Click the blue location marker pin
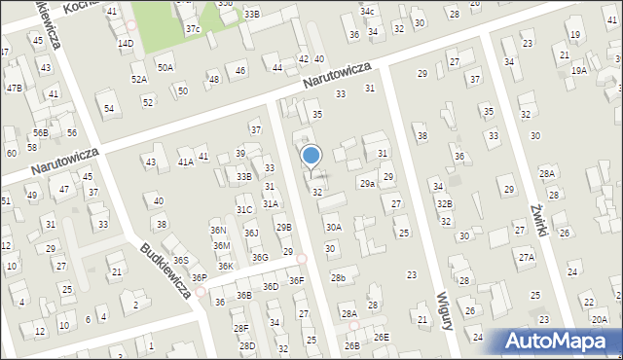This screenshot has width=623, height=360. point(311,157)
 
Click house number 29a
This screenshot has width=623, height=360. point(367,183)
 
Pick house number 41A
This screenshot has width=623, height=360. point(185,162)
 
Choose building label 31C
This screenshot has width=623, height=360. point(244,209)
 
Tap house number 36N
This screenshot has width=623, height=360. point(219,231)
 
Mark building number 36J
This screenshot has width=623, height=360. point(251,233)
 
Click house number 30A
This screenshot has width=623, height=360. point(333,227)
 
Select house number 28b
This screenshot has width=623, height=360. point(338,278)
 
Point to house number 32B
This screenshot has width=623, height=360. point(444,204)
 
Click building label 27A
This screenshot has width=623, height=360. point(527,257)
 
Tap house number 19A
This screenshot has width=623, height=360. point(579,70)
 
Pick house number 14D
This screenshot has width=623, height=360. point(126,44)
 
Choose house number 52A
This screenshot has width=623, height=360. point(139,79)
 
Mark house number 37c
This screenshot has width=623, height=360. point(193,29)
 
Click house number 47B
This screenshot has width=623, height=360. point(14,88)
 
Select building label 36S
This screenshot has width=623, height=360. point(180,261)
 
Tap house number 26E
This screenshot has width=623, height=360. point(383,337)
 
